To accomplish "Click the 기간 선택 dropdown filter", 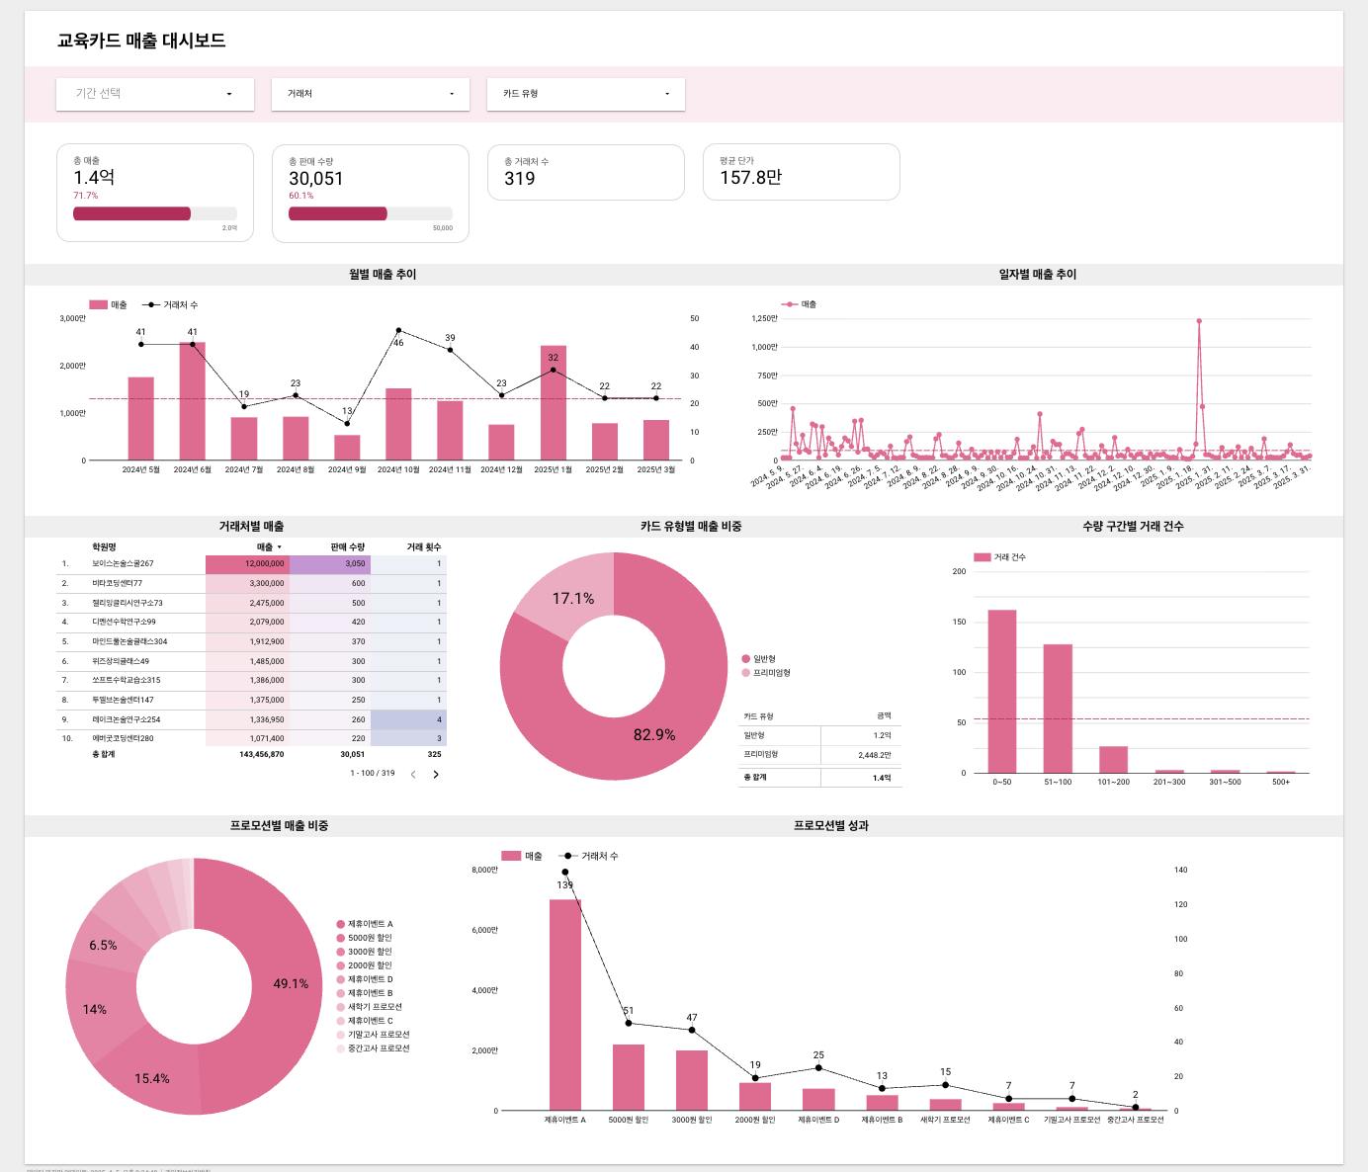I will tap(154, 94).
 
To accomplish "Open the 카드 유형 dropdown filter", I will tap(585, 94).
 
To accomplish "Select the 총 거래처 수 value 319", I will tap(520, 179).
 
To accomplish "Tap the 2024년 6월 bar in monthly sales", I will tap(192, 401).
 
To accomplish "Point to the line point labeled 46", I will tap(398, 330).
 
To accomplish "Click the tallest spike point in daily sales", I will tap(1199, 321).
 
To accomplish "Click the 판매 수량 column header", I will tap(347, 546).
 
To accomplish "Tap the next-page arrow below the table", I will tap(436, 775).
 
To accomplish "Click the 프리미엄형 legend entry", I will tap(771, 673).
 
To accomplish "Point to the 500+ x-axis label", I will tap(1280, 782).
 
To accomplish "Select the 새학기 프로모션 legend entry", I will tap(374, 1007).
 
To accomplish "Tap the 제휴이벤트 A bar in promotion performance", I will tap(565, 1004).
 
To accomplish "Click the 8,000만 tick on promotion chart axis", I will tap(484, 870).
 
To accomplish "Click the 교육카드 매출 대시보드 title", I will tap(141, 41).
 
